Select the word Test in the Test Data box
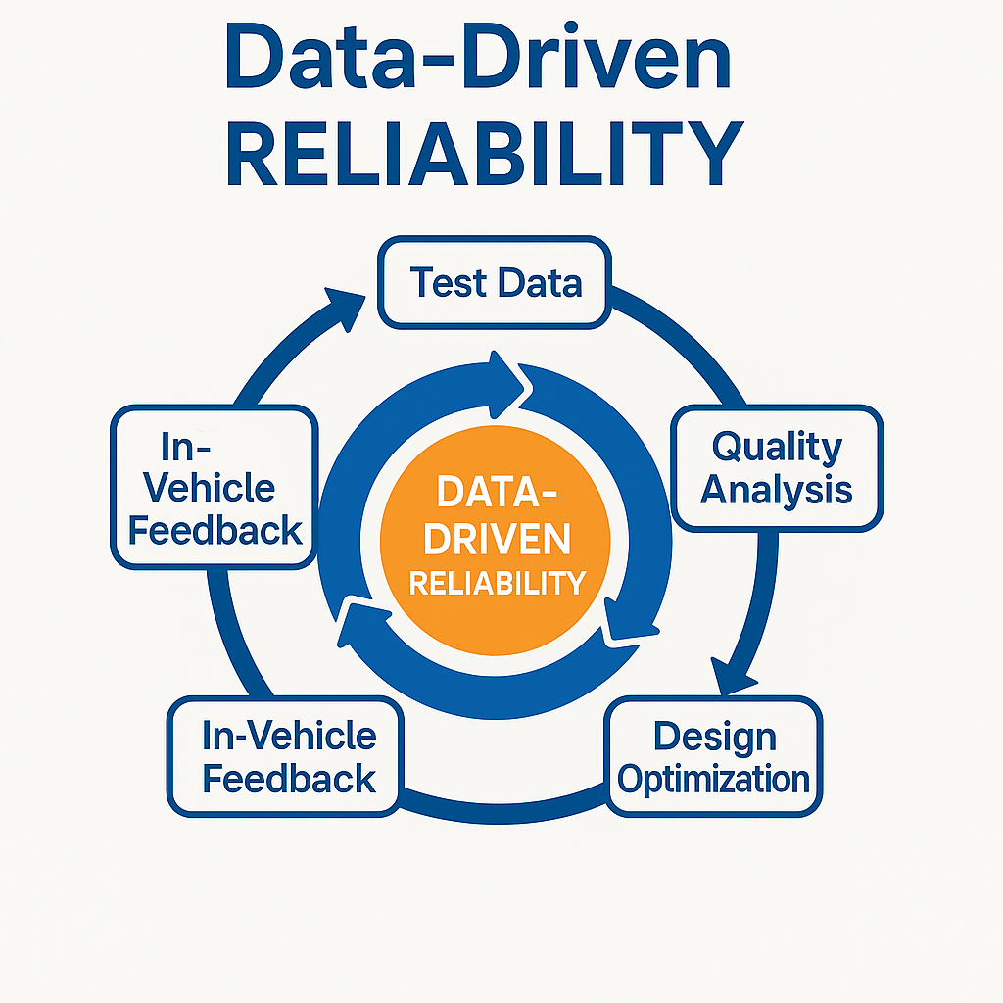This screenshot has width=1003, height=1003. click(448, 282)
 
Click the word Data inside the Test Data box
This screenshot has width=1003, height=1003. click(540, 282)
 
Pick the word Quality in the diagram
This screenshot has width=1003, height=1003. click(777, 447)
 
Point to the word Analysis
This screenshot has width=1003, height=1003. click(777, 489)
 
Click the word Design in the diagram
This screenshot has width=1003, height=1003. click(715, 737)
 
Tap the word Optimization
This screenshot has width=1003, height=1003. click(715, 780)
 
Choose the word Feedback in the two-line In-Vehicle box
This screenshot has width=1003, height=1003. click(289, 779)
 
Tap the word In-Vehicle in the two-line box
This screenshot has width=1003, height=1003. click(289, 737)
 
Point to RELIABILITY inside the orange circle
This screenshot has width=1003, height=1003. click(497, 583)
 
